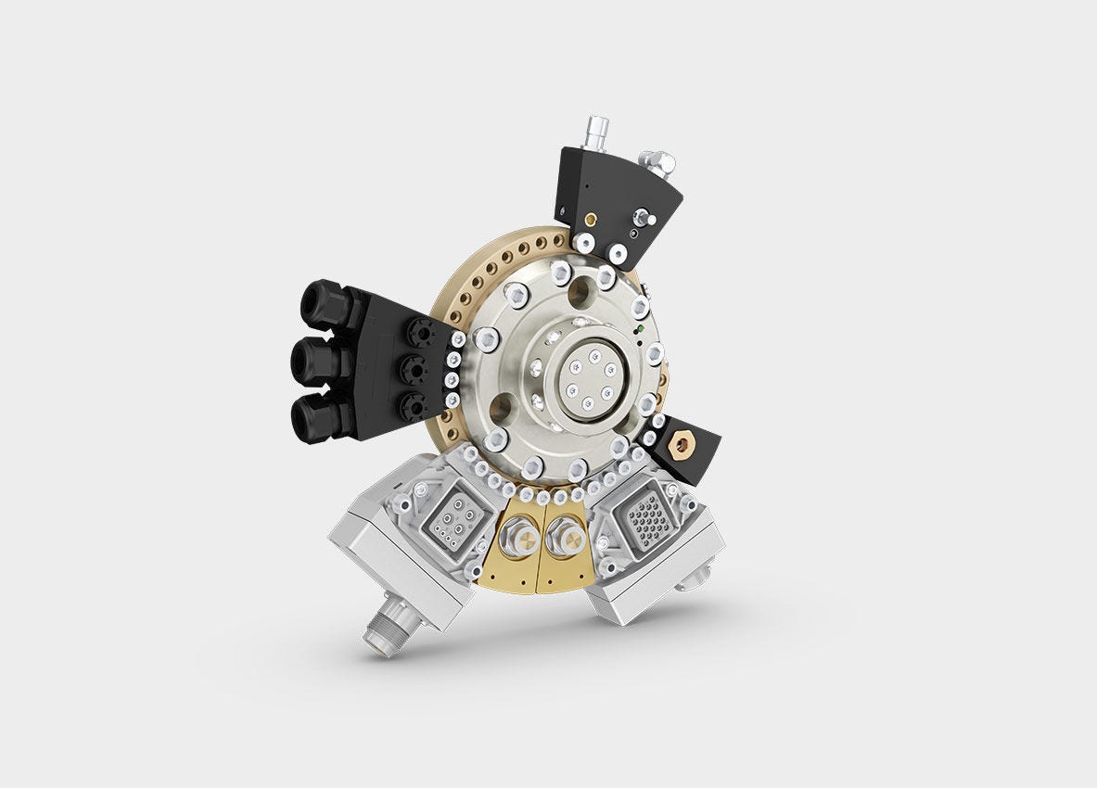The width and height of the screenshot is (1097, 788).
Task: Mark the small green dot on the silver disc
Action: click(641, 328)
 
